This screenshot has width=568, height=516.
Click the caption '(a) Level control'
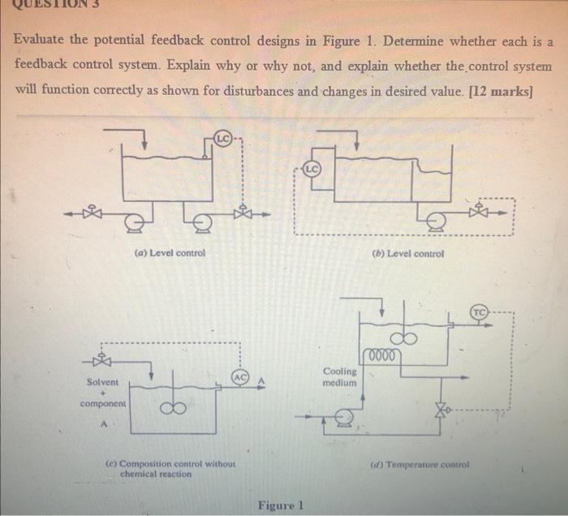(170, 252)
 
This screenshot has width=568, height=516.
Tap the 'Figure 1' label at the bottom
(280, 505)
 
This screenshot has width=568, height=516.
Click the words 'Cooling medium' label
(339, 376)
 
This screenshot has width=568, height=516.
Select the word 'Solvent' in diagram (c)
(102, 382)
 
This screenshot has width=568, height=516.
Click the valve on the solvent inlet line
(103, 360)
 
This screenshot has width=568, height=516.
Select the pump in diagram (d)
(343, 417)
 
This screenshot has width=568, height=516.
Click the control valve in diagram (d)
(445, 412)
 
